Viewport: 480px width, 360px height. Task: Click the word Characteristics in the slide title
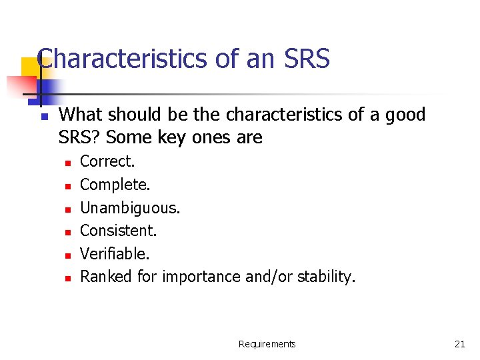(123, 59)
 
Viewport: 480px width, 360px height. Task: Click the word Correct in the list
(107, 161)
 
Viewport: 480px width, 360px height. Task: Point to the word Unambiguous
(129, 207)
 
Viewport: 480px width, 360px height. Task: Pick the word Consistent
(118, 231)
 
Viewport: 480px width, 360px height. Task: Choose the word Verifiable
(114, 253)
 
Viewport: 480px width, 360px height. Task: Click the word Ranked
(107, 277)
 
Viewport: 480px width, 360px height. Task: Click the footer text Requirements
(267, 344)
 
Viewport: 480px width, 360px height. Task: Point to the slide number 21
(459, 344)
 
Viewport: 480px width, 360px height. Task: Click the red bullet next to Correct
(67, 162)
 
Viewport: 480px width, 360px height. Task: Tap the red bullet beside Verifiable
(67, 255)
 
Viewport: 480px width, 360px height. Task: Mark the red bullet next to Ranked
(67, 277)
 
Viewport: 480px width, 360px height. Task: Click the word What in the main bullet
(79, 115)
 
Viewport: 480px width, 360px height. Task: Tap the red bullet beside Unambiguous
(67, 209)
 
